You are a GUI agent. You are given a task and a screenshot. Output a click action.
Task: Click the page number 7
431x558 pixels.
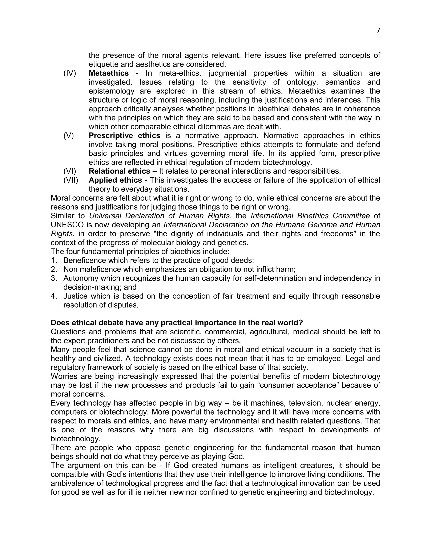click(x=378, y=30)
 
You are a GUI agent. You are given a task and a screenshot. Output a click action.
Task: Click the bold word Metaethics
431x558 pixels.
click(x=109, y=73)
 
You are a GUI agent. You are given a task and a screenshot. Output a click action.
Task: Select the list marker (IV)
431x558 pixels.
click(x=70, y=73)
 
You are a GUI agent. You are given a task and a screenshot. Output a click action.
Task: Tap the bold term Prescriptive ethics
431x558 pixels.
click(x=124, y=135)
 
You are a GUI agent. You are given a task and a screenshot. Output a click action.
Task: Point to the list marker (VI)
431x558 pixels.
click(x=70, y=171)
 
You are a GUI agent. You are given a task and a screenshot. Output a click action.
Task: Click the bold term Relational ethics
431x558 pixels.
click(x=119, y=171)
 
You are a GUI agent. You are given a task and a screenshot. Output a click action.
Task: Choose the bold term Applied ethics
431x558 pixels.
click(x=115, y=180)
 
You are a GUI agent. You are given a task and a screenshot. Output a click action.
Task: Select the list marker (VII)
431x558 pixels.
click(x=71, y=180)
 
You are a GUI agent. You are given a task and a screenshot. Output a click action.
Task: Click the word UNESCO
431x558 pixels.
click(x=67, y=225)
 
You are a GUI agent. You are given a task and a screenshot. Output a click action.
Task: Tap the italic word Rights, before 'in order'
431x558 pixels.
click(x=61, y=234)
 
